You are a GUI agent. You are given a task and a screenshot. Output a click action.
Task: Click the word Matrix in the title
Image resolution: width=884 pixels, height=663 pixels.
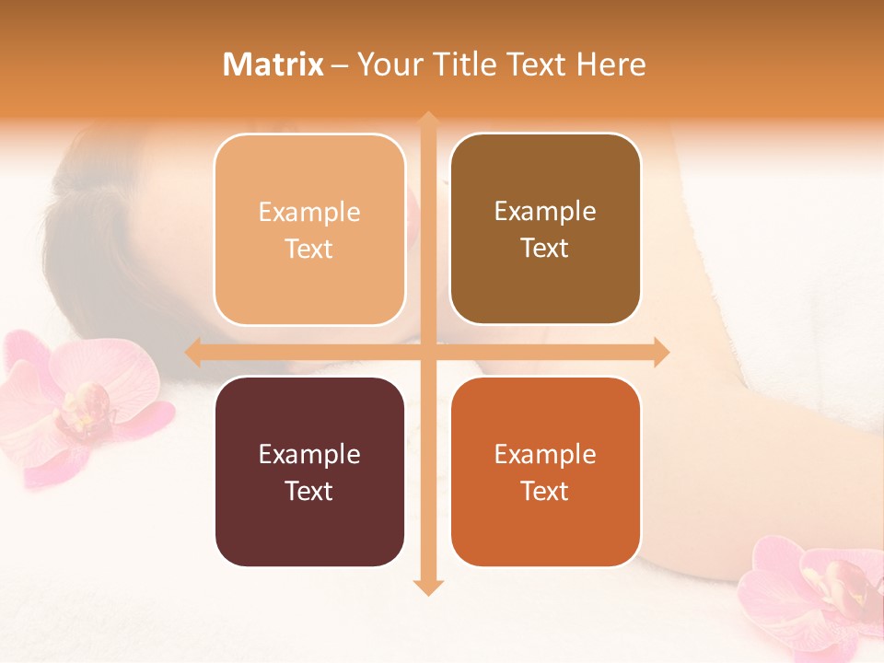pos(273,64)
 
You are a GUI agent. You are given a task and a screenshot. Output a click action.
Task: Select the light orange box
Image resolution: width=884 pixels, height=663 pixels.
pos(309,229)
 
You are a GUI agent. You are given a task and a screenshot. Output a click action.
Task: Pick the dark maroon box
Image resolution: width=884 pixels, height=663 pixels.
pos(309,471)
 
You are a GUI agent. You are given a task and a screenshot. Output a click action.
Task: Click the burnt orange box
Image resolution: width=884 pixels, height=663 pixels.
pos(545,471)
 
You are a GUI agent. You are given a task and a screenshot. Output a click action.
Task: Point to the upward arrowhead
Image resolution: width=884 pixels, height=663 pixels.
pos(427,120)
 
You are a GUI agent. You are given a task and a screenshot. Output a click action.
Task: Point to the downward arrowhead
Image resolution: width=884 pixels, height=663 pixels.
pos(427,587)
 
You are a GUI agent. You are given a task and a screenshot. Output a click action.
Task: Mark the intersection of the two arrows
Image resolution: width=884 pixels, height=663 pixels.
pos(427,352)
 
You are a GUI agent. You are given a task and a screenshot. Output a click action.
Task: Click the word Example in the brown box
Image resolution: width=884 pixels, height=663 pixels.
pos(545,211)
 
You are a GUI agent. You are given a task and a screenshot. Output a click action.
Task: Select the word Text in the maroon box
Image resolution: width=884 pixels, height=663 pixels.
pos(309,491)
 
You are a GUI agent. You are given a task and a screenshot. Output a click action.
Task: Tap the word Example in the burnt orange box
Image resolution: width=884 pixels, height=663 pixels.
pos(545,454)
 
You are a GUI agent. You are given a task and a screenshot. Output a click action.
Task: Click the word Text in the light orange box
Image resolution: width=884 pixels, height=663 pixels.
pos(309,249)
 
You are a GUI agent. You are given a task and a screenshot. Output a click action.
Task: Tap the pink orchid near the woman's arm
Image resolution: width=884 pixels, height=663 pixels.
pos(820,589)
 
